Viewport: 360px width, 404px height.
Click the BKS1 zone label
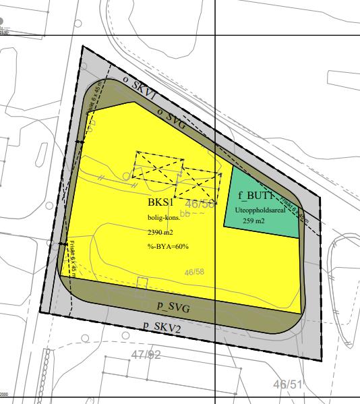coord(162,202)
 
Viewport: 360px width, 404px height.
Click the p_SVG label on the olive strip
coord(173,308)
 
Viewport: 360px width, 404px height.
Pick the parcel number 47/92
coord(146,355)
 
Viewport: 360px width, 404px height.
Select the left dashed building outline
coord(158,167)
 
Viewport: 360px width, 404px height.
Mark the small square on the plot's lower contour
coord(142,283)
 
